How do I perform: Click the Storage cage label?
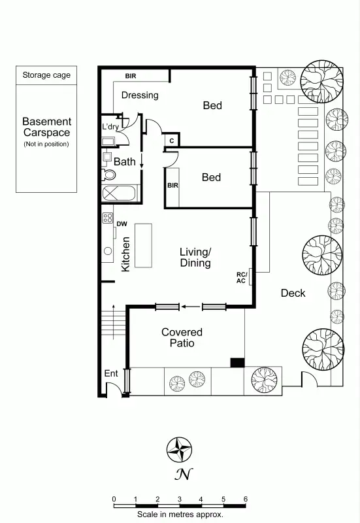(46, 75)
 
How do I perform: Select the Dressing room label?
(140, 95)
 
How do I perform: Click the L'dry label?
(110, 126)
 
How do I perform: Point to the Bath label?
(125, 161)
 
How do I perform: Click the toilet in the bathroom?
(108, 175)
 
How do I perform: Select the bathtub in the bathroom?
(120, 194)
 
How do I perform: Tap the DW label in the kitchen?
(121, 224)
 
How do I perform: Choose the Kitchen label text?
(126, 254)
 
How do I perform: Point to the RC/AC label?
(241, 277)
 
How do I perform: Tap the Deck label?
(293, 293)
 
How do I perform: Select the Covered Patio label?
(182, 337)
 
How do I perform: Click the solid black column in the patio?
(237, 363)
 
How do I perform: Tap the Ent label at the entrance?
(111, 373)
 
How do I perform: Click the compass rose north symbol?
(179, 450)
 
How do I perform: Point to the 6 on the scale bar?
(245, 499)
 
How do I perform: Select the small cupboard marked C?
(171, 140)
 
